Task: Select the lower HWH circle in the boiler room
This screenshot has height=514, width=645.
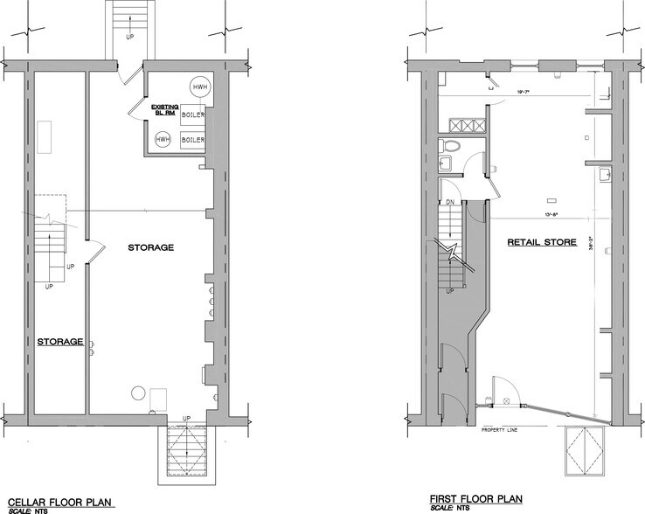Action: coord(163,140)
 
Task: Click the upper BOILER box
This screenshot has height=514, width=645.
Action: coord(193,115)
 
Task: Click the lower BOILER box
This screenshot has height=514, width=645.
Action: coord(193,140)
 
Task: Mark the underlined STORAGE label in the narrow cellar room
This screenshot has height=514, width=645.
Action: coord(60,341)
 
